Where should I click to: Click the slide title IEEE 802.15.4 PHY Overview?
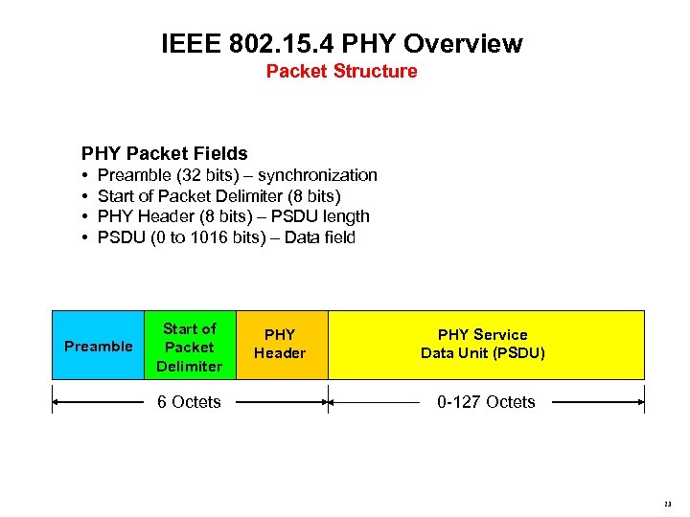tap(342, 43)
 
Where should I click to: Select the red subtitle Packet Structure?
tap(341, 71)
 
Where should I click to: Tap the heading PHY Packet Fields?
tap(165, 153)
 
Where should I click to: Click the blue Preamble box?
tap(98, 346)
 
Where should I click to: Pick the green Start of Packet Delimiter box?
tap(190, 346)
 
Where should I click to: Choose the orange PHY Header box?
tap(280, 344)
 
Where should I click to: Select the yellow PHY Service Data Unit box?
tap(485, 344)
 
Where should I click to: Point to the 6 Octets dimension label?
tap(189, 402)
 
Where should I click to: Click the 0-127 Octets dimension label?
tap(486, 402)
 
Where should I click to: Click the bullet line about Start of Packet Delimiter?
tap(219, 196)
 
